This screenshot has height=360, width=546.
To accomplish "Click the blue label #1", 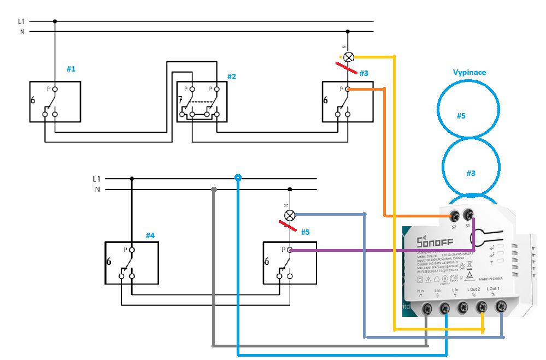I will tap(71, 69).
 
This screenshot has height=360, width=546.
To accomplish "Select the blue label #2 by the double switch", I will tap(232, 76).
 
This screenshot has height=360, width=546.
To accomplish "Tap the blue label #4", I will tap(150, 235).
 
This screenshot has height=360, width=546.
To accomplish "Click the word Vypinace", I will tap(469, 72).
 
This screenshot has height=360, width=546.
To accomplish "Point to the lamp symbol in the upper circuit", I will tap(348, 56).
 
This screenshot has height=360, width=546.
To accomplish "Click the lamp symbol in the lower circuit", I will tap(290, 215).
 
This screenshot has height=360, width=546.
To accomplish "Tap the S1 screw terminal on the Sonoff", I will tap(468, 215).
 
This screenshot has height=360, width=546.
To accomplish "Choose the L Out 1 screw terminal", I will tap(500, 307).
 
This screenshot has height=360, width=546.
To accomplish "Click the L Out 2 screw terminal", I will tap(482, 308).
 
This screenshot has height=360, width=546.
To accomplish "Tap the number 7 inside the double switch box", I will tap(180, 100).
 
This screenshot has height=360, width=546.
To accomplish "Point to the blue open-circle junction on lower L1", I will tap(238, 178).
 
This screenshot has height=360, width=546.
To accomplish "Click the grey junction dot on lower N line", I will tap(213, 190).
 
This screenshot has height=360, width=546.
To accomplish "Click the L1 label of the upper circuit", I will tap(21, 21).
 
